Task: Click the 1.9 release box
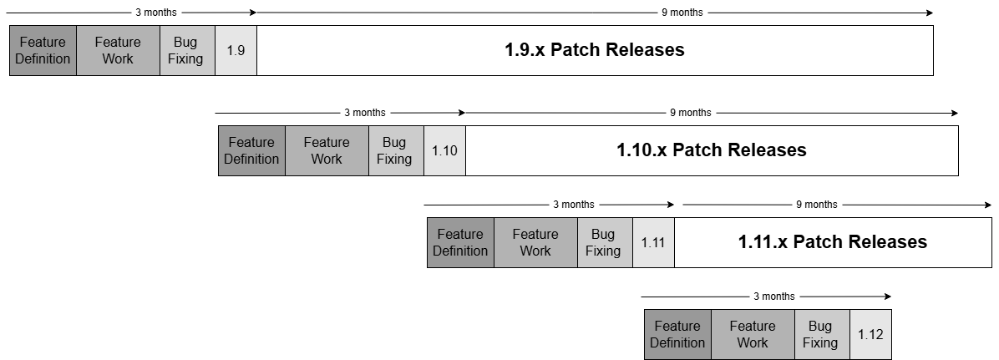[x=236, y=50]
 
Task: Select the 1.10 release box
[x=444, y=150]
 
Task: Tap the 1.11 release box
[x=653, y=242]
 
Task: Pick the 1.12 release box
[x=870, y=334]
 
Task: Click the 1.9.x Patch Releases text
[x=594, y=50]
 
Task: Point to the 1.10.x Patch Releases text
[x=711, y=150]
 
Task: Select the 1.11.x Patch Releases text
[x=832, y=242]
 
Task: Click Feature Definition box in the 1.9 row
[x=43, y=50]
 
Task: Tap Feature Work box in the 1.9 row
[x=118, y=50]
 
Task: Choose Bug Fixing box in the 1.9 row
[x=187, y=50]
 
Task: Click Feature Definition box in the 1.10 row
[x=251, y=150]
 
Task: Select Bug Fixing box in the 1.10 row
[x=396, y=150]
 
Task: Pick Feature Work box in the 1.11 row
[x=535, y=242]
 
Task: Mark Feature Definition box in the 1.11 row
[x=460, y=242]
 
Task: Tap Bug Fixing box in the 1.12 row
[x=822, y=334]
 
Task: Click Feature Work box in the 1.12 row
[x=753, y=334]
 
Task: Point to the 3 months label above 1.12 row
[x=773, y=297]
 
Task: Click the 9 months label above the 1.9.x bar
[x=682, y=13]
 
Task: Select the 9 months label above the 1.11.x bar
[x=816, y=205]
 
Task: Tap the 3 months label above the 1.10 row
[x=365, y=113]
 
